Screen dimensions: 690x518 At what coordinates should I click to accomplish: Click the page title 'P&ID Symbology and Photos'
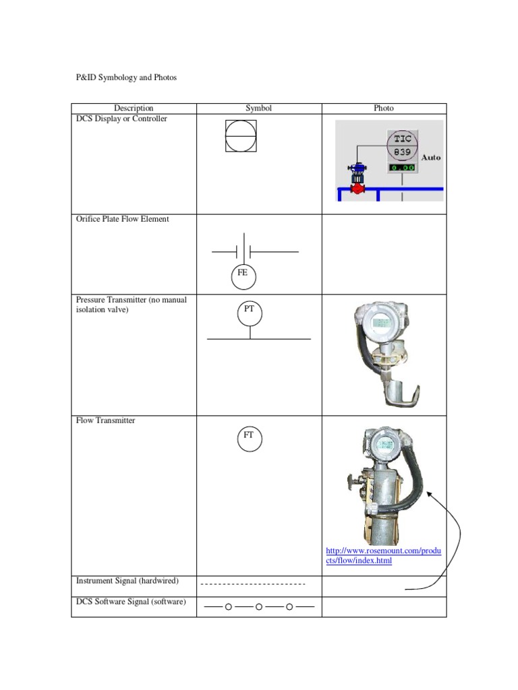click(125, 77)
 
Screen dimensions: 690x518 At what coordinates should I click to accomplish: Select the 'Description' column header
click(134, 108)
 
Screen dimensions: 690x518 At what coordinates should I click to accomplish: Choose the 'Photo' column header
click(384, 108)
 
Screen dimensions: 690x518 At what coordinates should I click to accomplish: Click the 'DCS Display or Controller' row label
click(121, 119)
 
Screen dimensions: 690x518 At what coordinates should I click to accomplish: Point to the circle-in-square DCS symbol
click(241, 135)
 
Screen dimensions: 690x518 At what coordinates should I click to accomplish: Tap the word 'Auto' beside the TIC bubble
click(431, 157)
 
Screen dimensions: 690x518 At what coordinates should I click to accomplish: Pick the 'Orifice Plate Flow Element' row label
click(123, 218)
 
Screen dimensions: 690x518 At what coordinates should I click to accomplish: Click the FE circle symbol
click(243, 275)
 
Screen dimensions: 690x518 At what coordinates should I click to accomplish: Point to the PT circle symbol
click(250, 312)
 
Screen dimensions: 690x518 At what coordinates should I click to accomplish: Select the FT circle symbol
click(249, 438)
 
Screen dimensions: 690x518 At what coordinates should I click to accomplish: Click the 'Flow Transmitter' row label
click(105, 420)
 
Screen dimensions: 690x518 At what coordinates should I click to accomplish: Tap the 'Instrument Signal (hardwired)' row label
click(128, 580)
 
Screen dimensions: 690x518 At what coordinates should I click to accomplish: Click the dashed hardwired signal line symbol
click(254, 584)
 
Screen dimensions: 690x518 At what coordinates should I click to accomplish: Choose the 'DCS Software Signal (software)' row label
click(131, 602)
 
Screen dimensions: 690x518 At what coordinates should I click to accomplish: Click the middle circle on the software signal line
click(259, 607)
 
